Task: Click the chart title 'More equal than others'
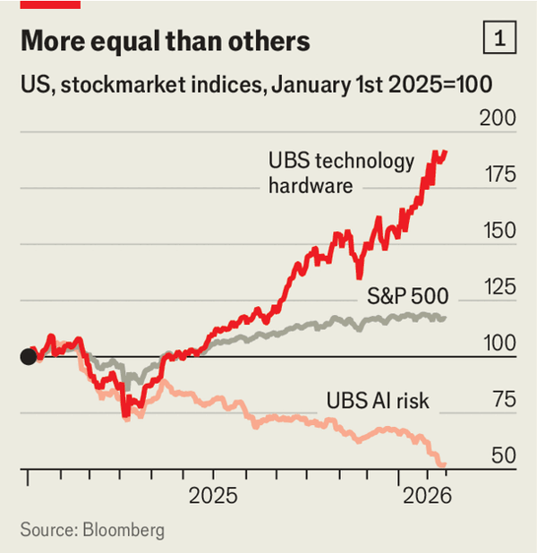click(166, 41)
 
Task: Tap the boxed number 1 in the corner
click(499, 38)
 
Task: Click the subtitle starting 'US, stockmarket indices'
click(258, 87)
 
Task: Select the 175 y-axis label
click(498, 174)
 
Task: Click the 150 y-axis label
click(498, 231)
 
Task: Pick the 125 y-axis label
click(498, 287)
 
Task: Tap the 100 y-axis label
click(498, 344)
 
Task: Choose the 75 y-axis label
click(503, 400)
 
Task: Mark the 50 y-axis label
click(503, 455)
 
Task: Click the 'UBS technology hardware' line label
click(341, 174)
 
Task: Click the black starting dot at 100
click(29, 357)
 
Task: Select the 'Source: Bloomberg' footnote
click(92, 530)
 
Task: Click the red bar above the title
click(50, 4)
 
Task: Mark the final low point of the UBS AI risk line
click(444, 464)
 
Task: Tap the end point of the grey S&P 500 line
click(445, 318)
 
